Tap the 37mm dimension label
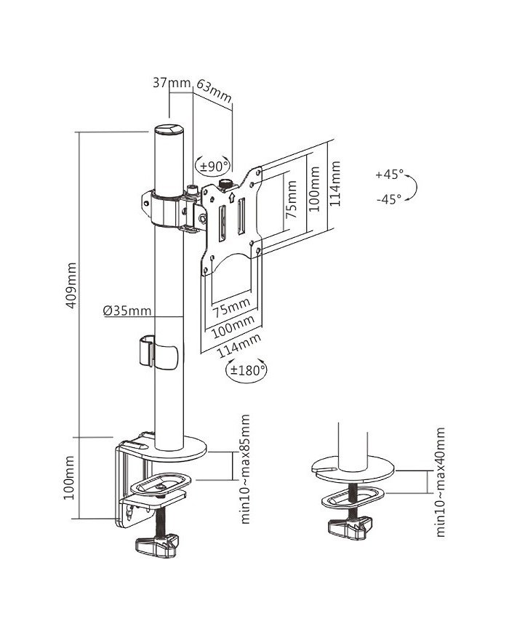click(170, 83)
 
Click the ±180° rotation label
click(248, 371)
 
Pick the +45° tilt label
click(389, 175)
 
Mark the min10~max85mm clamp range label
click(245, 469)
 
